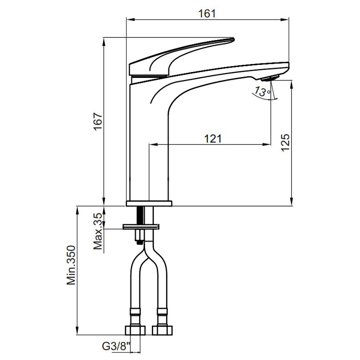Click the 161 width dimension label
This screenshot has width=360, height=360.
(207, 13)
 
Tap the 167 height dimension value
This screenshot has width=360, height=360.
(98, 122)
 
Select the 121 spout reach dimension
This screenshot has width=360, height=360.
(213, 138)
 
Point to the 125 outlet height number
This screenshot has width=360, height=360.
(285, 142)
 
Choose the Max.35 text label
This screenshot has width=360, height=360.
(98, 231)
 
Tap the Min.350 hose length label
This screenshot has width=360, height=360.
(71, 265)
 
